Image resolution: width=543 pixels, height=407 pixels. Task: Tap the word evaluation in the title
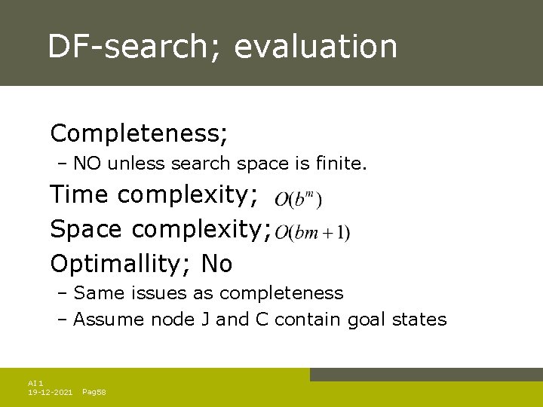coord(315,46)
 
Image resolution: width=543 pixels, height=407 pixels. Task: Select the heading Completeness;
coord(140,134)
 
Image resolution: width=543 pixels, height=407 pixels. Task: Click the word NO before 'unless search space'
coord(87,164)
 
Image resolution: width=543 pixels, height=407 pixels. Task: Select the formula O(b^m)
coord(298,200)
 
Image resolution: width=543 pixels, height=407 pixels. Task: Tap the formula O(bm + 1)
coord(312,233)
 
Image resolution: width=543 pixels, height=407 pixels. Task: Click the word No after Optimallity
coord(217,264)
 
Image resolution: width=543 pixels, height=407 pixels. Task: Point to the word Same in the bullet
coord(94,292)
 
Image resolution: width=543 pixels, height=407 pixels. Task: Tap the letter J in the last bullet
coord(205,320)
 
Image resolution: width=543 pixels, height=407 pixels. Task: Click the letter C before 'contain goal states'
coord(262,320)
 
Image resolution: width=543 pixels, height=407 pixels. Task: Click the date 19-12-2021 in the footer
coord(50,392)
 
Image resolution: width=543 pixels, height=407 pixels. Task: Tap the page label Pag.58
coord(94,392)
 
